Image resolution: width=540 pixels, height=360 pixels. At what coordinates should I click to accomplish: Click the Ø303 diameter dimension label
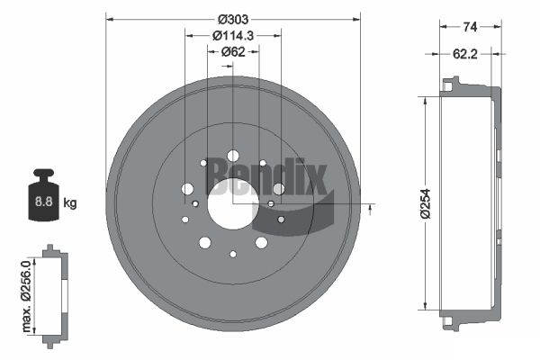pos(233,19)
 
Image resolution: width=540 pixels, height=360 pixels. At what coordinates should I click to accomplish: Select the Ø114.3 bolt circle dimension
pos(233,35)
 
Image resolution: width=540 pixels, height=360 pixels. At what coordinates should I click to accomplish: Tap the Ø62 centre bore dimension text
pos(233,51)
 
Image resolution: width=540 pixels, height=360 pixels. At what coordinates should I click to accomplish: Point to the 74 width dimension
pos(470,26)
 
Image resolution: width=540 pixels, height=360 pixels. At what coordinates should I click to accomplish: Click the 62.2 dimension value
pos(465,54)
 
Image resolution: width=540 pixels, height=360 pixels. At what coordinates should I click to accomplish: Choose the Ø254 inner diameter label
pos(426,203)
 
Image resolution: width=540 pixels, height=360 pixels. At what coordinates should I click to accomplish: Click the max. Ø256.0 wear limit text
pos(26,296)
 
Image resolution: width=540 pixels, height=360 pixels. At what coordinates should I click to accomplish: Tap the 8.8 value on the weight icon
pos(44,202)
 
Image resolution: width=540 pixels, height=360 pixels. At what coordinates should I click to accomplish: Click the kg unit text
pos(70,202)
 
